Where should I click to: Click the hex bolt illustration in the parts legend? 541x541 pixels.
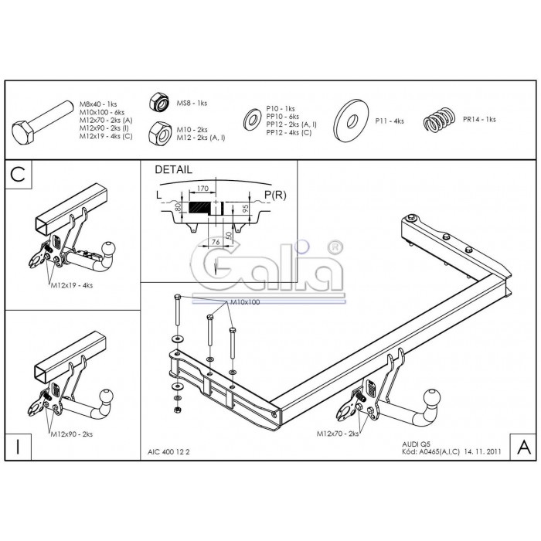click(43, 123)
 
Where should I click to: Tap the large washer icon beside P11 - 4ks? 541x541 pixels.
click(352, 121)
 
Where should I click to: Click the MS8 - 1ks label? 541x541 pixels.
click(192, 103)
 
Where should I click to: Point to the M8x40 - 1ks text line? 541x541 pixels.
click(98, 104)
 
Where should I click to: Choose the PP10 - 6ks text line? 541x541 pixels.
click(283, 117)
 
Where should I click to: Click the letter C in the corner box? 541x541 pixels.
click(18, 174)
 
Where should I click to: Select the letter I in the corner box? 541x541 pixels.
click(18, 447)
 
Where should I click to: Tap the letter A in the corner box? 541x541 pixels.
click(524, 447)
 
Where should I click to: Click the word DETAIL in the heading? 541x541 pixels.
click(174, 170)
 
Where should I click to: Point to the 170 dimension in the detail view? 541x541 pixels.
click(202, 189)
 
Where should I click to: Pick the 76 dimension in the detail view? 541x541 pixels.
click(216, 242)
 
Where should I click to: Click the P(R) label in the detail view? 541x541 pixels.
click(275, 195)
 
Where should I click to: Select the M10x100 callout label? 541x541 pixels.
click(245, 302)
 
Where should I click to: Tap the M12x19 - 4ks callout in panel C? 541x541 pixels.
click(72, 285)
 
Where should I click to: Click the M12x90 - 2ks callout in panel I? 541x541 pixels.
click(72, 434)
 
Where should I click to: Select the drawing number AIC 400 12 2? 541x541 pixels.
click(168, 452)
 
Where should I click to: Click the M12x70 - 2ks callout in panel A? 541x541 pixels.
click(338, 434)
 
